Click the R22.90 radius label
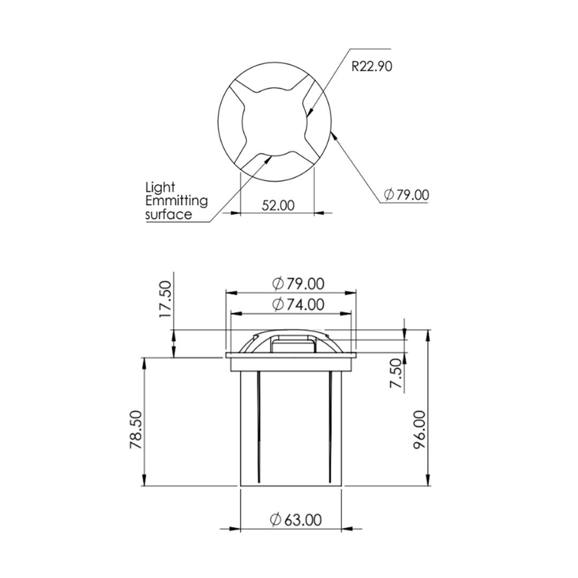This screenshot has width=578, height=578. (371, 66)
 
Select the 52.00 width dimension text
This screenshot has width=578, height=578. (278, 205)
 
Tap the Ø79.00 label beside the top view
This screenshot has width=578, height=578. (407, 194)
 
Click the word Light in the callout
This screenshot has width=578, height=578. (160, 187)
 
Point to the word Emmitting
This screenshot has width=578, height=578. (177, 201)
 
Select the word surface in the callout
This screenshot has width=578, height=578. (169, 215)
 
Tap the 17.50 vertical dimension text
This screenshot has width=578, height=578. (166, 299)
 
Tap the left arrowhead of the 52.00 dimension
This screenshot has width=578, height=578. (235, 213)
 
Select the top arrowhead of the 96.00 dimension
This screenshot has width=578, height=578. (428, 334)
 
